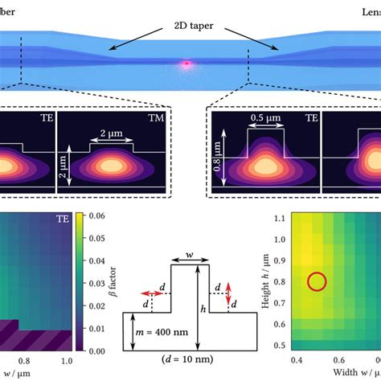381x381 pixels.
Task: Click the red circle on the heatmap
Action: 317,281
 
